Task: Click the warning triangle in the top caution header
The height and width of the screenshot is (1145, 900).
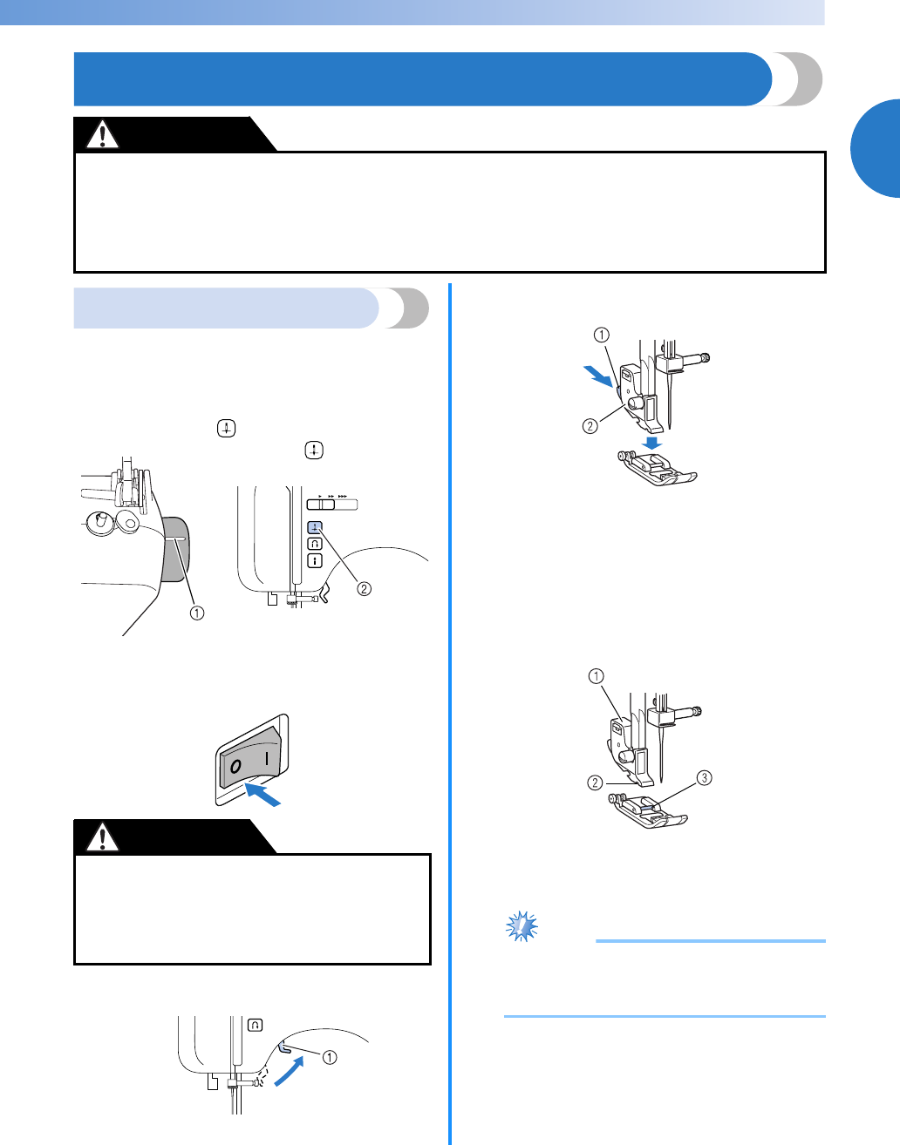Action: click(x=104, y=135)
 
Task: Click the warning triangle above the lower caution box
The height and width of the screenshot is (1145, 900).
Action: click(x=104, y=837)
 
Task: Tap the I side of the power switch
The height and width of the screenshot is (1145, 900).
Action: click(x=267, y=757)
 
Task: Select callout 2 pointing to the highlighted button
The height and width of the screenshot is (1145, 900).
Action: click(x=364, y=588)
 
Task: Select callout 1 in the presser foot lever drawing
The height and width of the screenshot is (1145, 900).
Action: click(x=330, y=1057)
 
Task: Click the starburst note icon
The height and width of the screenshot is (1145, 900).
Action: click(x=522, y=925)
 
